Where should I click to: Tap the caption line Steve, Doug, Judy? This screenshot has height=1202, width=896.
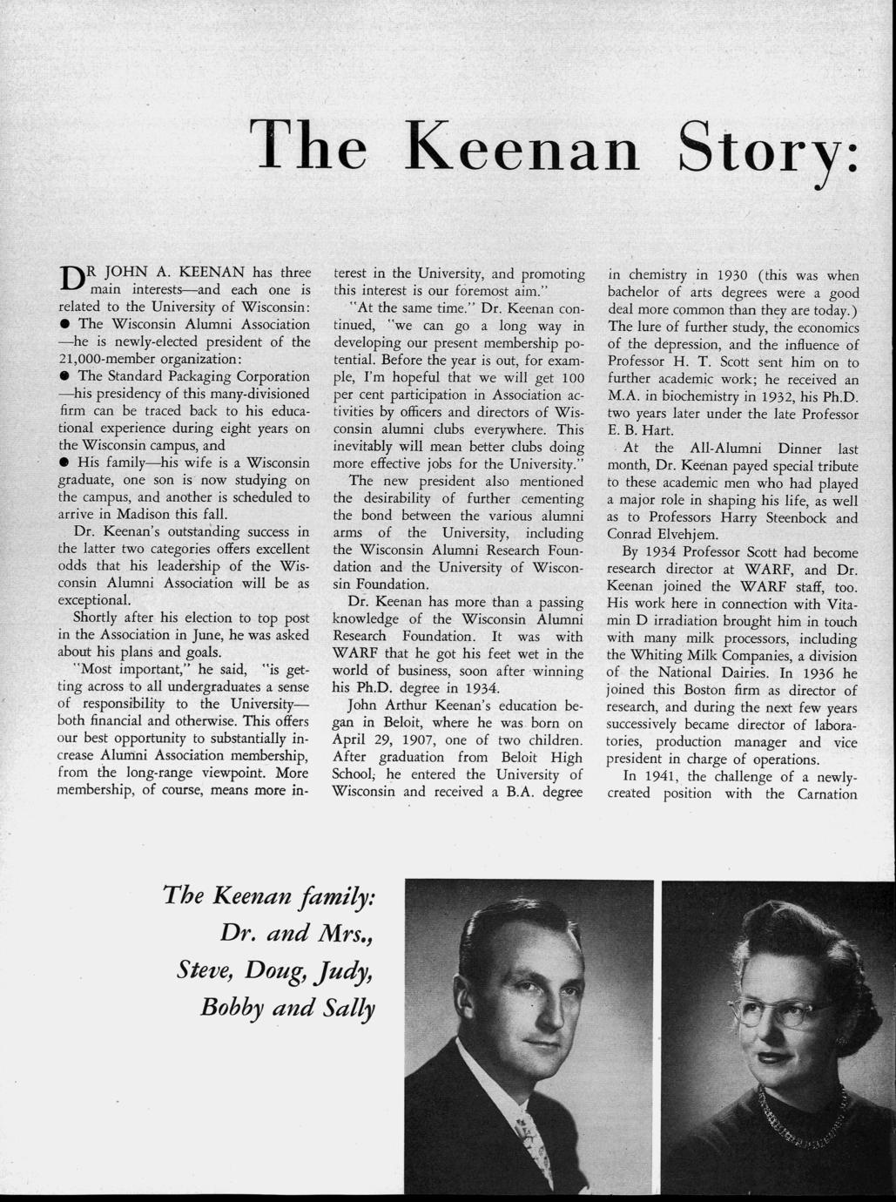point(273,969)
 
